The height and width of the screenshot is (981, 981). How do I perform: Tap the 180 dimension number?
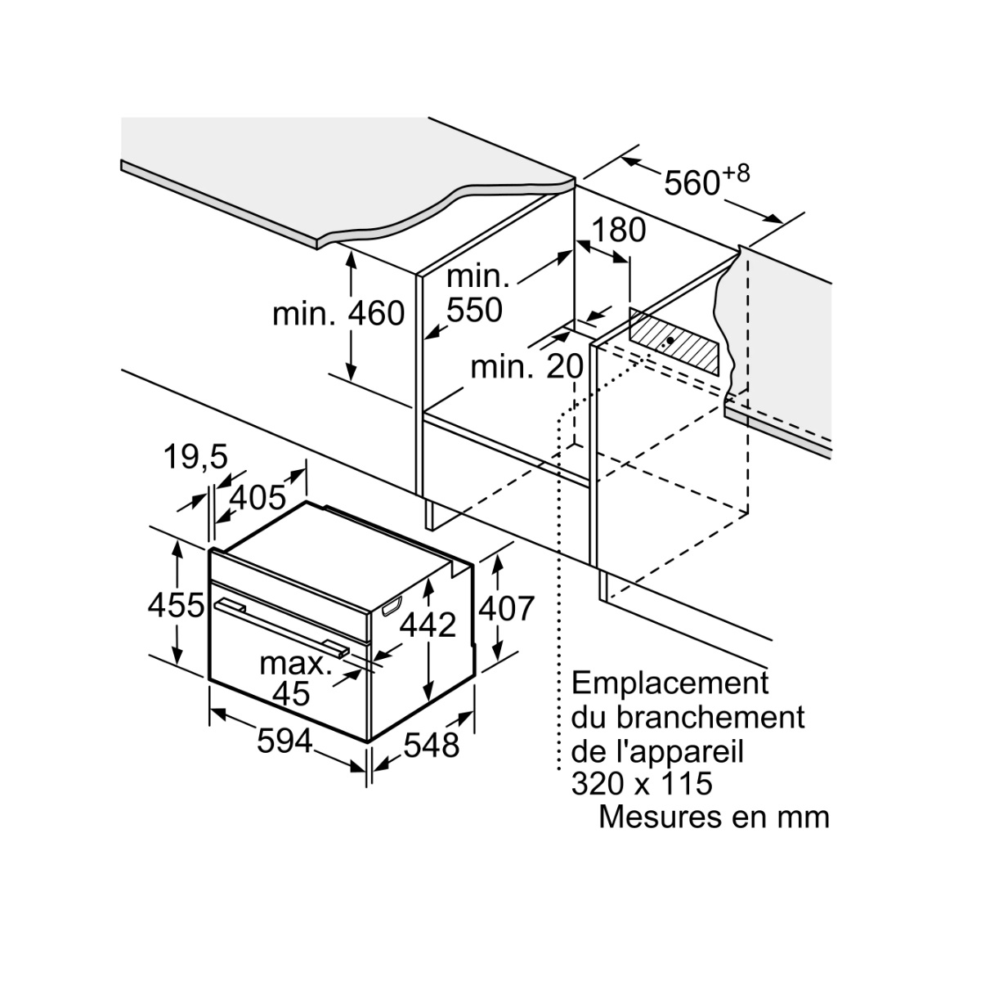[x=619, y=231]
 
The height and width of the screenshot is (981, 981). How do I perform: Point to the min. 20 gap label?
[x=526, y=367]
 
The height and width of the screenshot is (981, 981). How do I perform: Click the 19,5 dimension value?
[x=195, y=458]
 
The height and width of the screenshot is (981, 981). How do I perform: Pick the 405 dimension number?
[x=257, y=497]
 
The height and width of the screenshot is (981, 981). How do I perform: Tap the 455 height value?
[x=175, y=606]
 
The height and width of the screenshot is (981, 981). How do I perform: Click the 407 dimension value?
[x=506, y=607]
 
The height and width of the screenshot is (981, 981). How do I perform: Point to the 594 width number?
[x=284, y=741]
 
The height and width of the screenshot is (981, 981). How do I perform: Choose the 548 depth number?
[x=432, y=745]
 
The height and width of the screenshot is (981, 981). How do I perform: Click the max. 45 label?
[x=294, y=678]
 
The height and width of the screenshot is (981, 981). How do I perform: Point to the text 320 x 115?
[x=642, y=784]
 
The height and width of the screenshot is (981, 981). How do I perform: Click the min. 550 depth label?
[x=477, y=293]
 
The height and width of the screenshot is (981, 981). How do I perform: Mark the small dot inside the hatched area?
[x=670, y=340]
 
